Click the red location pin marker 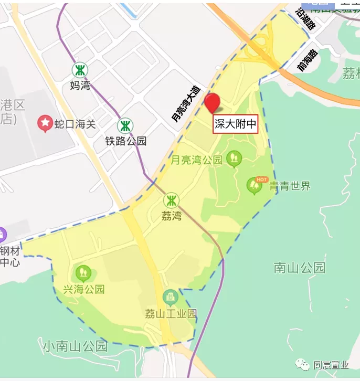point(213,102)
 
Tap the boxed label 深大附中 point(236,124)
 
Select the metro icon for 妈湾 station point(80,70)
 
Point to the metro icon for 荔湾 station point(171,200)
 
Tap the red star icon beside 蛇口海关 point(45,124)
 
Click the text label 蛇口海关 point(75,124)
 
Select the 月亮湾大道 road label point(186,104)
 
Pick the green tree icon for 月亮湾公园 point(234,157)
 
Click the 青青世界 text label point(290,186)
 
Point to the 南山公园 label point(299,268)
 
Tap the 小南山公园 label point(75,346)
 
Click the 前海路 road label point(308,61)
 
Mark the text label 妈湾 point(80,85)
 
